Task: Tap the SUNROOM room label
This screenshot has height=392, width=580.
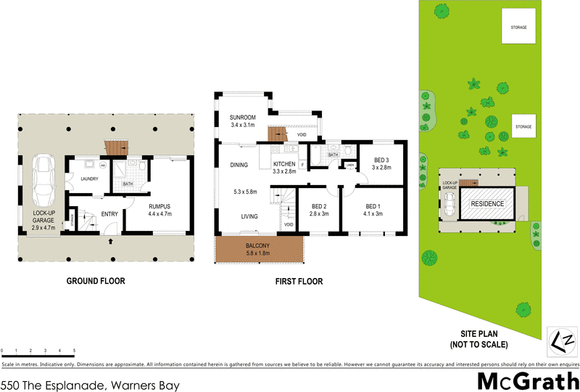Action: tap(242, 117)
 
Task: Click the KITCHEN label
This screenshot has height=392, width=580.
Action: tap(284, 164)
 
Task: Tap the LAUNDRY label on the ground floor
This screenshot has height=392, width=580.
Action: tap(90, 179)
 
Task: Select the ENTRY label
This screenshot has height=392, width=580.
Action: tap(109, 213)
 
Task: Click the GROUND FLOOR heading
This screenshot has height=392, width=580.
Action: tap(96, 281)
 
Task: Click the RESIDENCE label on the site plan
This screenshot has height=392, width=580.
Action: tap(487, 204)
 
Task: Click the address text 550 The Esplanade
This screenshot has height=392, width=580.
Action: tap(90, 385)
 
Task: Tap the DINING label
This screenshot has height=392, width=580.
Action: tap(239, 166)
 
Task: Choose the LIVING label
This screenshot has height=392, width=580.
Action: tap(250, 216)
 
